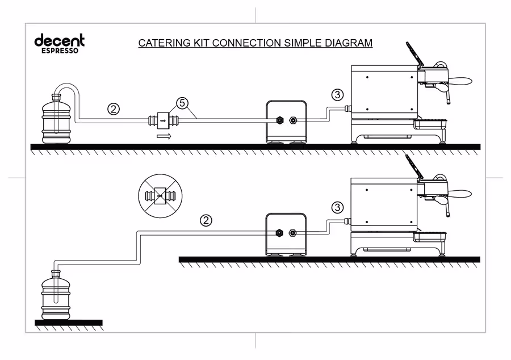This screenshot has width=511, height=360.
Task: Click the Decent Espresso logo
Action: coord(59,43)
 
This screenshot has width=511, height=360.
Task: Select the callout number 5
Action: coord(182,103)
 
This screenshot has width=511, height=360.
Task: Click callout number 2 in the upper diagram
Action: coord(114,109)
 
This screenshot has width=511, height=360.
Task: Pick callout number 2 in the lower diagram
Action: coord(206,220)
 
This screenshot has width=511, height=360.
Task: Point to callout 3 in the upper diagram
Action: coord(337,95)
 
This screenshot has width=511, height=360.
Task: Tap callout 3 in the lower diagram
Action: coord(337,207)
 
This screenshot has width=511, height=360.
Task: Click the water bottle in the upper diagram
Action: coord(57,119)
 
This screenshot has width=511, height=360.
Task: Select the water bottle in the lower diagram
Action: coord(56,295)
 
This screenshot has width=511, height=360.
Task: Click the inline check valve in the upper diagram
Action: coord(163,120)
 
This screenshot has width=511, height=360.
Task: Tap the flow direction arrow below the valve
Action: coord(164,136)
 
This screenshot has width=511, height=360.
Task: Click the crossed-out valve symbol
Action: coord(160,196)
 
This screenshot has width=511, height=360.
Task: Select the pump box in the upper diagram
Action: coord(287,122)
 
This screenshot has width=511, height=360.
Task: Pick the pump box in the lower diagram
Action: coord(286,235)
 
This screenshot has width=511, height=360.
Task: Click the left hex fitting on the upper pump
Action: coord(279,120)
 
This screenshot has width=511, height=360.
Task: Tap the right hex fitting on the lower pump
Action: coord(292,233)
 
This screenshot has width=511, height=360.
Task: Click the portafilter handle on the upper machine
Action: coord(460,81)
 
